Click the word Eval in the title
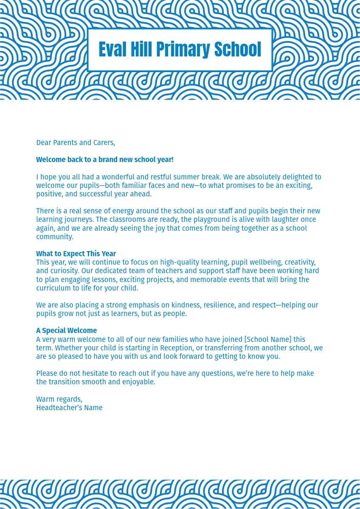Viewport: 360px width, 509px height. (x=112, y=50)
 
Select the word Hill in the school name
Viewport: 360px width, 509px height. (x=141, y=50)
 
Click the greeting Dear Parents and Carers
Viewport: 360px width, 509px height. (x=76, y=143)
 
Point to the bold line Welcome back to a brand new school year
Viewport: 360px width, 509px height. (x=105, y=159)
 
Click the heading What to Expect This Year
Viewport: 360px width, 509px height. (x=76, y=254)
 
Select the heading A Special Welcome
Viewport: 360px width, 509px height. (x=66, y=330)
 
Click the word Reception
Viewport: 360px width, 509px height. (x=176, y=348)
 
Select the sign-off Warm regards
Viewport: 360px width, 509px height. (x=59, y=399)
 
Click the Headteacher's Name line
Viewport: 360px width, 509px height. (x=69, y=408)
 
